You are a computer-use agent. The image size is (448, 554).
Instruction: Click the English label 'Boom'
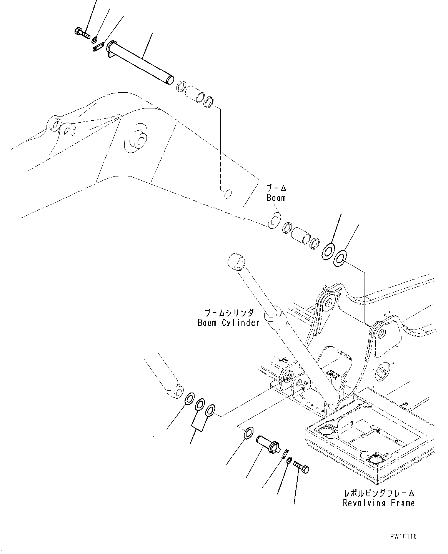276,198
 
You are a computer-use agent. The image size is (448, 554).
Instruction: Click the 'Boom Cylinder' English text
228,323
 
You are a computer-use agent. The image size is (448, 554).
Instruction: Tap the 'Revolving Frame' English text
379,503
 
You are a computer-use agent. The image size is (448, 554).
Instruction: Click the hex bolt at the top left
81,33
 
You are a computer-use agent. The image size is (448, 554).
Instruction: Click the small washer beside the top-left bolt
94,40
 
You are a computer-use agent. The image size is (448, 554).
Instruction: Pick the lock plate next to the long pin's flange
98,47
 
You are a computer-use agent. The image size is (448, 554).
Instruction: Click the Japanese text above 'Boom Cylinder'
229,313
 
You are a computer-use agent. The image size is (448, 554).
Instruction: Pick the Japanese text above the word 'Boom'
276,188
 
